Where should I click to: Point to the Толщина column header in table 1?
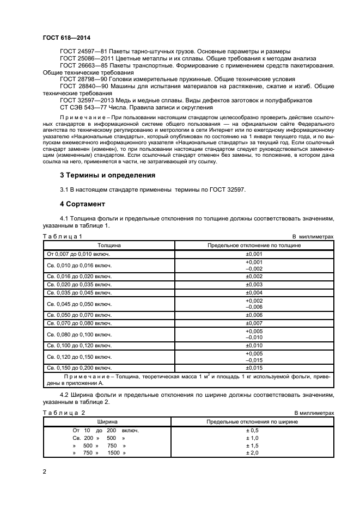(109, 246)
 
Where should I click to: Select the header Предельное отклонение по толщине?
(254, 246)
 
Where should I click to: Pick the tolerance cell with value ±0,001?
(254, 254)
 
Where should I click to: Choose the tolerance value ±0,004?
(254, 292)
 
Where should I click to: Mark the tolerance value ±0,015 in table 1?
(254, 368)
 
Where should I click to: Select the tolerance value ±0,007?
(254, 323)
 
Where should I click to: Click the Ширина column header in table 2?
(109, 422)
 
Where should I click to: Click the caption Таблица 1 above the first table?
(63, 237)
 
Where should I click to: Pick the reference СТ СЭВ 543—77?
(80, 108)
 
